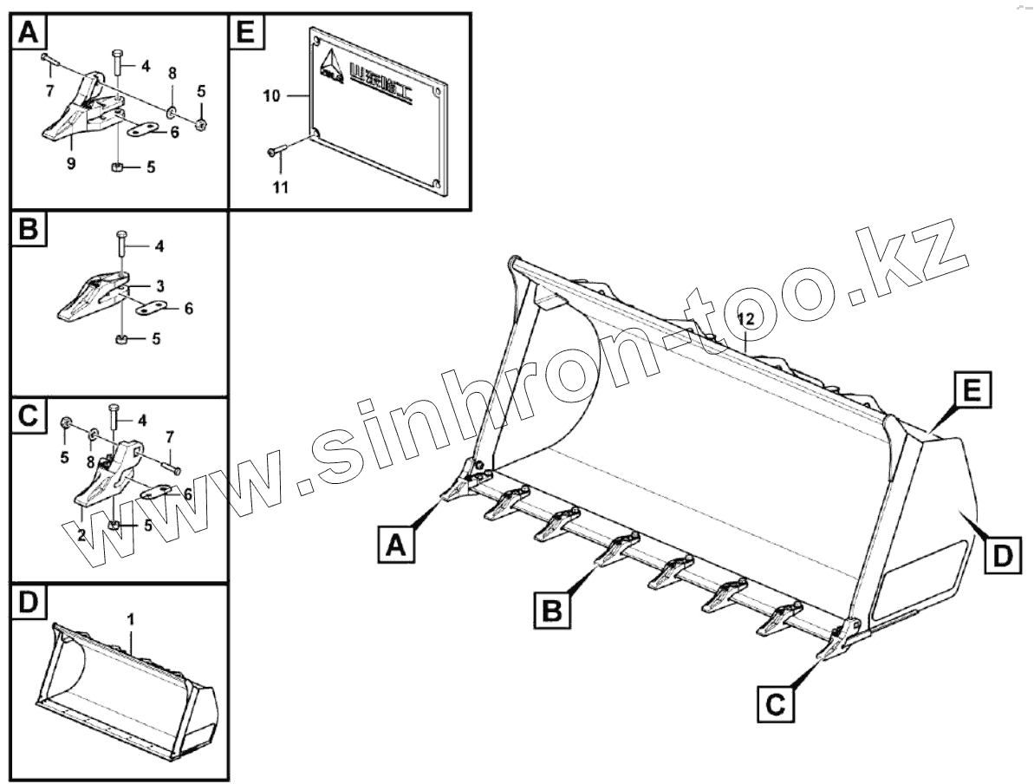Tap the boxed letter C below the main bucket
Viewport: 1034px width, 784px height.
[x=776, y=702]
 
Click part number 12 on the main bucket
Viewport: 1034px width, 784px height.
[x=746, y=319]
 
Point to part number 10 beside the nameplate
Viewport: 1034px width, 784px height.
[x=271, y=95]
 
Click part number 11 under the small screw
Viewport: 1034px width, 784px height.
[x=280, y=186]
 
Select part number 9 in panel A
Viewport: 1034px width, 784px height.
[x=72, y=163]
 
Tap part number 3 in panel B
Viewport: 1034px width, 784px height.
[x=160, y=284]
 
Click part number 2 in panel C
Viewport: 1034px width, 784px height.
[x=81, y=535]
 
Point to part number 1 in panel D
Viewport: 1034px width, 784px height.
[x=130, y=619]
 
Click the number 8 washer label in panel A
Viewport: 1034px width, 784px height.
[x=172, y=72]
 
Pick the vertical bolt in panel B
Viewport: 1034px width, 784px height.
[x=121, y=245]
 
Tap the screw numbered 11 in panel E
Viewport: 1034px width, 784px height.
[x=276, y=154]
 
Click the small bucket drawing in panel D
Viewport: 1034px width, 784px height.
[x=126, y=694]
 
